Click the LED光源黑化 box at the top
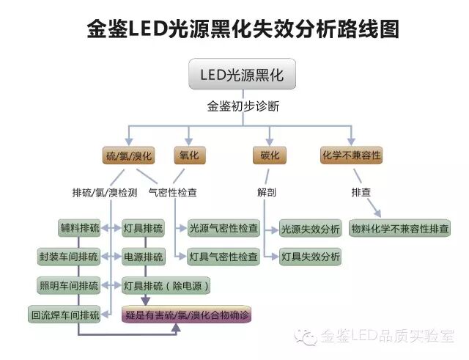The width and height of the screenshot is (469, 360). (x=241, y=76)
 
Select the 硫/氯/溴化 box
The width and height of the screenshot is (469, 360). (x=128, y=155)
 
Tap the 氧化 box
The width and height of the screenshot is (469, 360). (x=189, y=155)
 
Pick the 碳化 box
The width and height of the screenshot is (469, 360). (x=269, y=155)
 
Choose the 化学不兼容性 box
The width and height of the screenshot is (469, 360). (x=352, y=155)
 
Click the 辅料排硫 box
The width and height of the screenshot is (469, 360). (x=79, y=228)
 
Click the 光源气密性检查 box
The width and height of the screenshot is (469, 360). (x=223, y=228)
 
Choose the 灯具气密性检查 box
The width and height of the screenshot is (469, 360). (x=223, y=257)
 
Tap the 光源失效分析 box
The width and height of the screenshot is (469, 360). (x=310, y=228)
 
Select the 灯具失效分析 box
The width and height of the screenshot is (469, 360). (x=310, y=257)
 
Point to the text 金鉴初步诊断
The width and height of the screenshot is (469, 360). (x=243, y=106)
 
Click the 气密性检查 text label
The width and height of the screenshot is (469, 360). (x=172, y=193)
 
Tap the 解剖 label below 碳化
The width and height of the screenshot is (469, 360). (x=266, y=193)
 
